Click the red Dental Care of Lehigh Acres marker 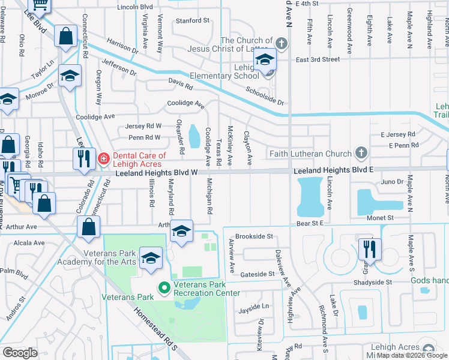(104, 159)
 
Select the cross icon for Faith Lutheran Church (361, 153)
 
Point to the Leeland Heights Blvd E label (333, 170)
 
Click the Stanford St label (191, 20)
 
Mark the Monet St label (381, 218)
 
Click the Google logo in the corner (20, 353)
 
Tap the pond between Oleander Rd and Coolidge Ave (194, 137)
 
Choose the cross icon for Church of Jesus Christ (281, 43)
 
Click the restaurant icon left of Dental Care (82, 158)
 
